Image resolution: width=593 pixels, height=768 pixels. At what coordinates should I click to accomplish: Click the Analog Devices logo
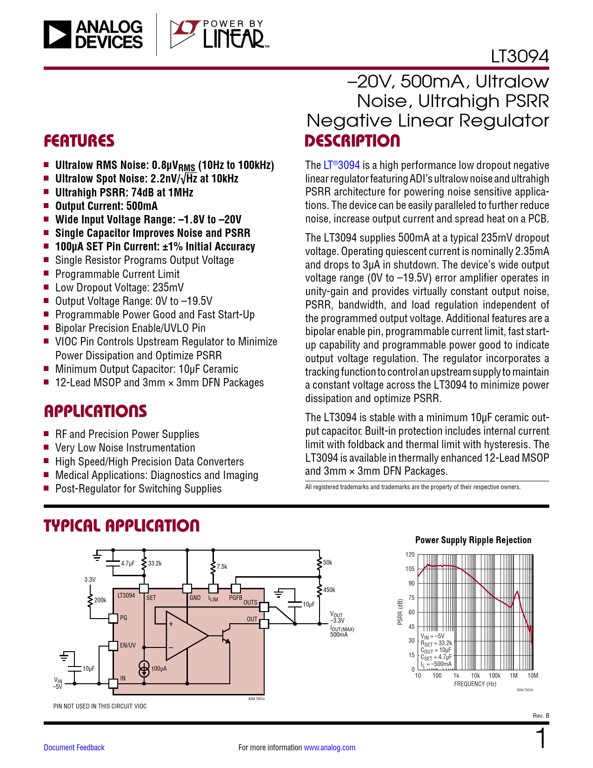click(x=93, y=34)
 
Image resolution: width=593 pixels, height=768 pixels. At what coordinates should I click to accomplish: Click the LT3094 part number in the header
click(x=520, y=56)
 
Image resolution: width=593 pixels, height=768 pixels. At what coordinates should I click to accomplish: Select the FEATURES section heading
click(x=79, y=141)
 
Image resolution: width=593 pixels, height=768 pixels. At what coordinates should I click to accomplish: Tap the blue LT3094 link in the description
click(x=342, y=165)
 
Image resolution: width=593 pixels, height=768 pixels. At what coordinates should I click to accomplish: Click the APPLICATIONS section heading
click(x=95, y=411)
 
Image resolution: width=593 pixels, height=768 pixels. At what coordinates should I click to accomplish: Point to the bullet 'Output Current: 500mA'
click(x=106, y=206)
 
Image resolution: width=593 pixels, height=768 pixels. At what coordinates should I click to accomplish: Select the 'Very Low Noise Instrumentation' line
click(x=125, y=448)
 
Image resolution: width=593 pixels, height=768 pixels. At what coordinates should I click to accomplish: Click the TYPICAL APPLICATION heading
click(x=121, y=525)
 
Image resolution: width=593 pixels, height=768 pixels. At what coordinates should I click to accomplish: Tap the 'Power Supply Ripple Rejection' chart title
click(x=473, y=540)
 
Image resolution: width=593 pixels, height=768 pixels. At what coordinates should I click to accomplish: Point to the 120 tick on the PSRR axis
click(x=410, y=554)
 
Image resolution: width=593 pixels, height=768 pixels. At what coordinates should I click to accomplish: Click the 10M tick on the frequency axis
click(x=533, y=675)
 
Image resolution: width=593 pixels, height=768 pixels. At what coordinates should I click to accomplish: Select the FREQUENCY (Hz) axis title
click(x=475, y=684)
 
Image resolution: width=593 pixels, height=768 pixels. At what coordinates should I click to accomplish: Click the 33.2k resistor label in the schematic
click(x=155, y=563)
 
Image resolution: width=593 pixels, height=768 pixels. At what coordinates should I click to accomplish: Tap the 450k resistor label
click(x=329, y=590)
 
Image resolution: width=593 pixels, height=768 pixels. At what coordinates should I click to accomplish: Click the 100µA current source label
click(x=159, y=668)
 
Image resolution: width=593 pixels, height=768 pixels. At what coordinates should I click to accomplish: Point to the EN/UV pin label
click(x=128, y=645)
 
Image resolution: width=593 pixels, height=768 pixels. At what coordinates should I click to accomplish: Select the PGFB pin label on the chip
click(x=235, y=598)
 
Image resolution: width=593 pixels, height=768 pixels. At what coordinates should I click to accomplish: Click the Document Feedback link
click(x=74, y=748)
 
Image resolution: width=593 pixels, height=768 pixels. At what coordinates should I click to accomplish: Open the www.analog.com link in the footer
click(x=329, y=748)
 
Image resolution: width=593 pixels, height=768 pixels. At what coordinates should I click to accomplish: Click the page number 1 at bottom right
click(x=541, y=739)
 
